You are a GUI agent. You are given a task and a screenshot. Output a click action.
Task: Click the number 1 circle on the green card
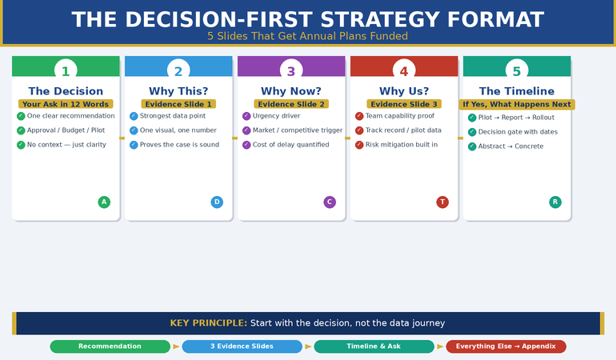66,70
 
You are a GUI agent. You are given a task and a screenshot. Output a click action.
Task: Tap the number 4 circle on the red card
404,70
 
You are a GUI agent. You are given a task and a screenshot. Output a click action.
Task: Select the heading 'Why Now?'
291,91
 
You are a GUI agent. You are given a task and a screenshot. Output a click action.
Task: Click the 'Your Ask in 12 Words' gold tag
66,104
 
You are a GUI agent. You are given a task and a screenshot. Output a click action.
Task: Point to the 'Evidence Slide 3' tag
404,104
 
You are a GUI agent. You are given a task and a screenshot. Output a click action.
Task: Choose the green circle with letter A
104,202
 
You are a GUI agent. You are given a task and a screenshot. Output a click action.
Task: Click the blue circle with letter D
217,202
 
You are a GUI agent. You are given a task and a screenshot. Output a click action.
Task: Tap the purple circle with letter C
330,202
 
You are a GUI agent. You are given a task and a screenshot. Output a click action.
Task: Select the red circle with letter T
442,202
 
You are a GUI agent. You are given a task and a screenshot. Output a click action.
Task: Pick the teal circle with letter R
555,202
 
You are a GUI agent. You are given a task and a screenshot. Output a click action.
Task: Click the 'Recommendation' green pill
110,346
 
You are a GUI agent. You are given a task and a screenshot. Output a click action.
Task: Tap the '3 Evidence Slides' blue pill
242,346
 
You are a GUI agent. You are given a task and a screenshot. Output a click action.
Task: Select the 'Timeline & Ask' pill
374,346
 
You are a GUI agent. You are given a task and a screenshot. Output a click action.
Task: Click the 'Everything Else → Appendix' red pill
506,346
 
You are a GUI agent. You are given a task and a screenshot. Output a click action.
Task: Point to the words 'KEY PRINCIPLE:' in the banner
208,323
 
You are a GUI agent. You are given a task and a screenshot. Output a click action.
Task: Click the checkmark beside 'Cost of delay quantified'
246,145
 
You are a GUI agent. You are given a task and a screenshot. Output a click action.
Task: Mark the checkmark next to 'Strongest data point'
134,116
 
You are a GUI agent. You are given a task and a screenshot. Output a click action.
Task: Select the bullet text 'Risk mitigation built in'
402,145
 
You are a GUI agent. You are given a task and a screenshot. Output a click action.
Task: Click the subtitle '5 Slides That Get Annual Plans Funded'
307,36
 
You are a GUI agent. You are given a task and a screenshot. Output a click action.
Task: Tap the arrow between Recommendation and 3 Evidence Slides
176,346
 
